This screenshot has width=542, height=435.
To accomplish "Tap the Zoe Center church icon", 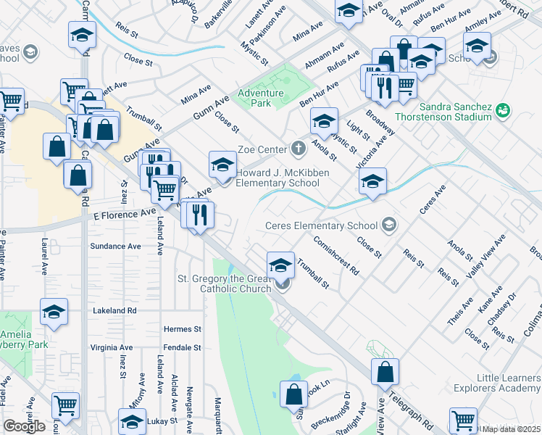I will pos(298,149).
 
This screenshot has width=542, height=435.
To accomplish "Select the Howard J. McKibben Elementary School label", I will pos(283,178).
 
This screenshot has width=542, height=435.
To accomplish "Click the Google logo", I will pos(24,426).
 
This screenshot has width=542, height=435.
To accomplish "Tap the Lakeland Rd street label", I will pos(114,310).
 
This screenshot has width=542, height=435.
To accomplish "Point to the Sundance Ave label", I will pos(114,246).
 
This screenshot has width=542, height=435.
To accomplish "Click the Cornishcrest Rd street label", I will pos(336,254).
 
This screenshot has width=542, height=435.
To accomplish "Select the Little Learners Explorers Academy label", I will pos(508,384).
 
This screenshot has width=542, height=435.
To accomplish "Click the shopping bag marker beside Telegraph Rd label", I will pos(385,372).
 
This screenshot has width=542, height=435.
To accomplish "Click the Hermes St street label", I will pos(182,329).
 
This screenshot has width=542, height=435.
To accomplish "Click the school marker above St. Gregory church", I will pos(280,265).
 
